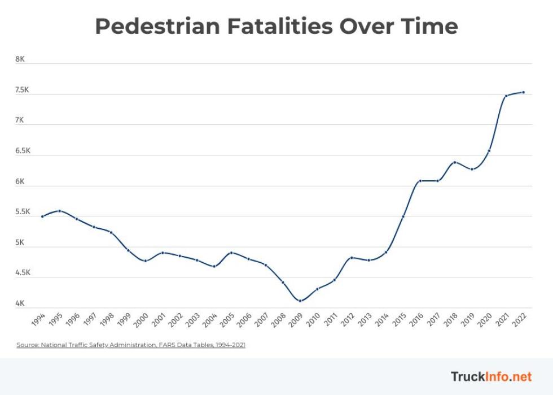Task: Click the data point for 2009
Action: click(300, 301)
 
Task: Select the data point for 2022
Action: click(524, 92)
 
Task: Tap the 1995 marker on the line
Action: click(59, 211)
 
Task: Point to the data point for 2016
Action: click(420, 181)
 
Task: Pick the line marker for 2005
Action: click(231, 253)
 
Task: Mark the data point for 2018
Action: click(455, 162)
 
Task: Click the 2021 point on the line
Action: click(506, 96)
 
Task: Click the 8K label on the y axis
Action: click(20, 59)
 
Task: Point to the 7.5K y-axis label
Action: click(22, 90)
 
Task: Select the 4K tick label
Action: click(20, 303)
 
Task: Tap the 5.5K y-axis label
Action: click(22, 212)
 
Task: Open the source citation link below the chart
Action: click(131, 345)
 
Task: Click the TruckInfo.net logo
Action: click(491, 376)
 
